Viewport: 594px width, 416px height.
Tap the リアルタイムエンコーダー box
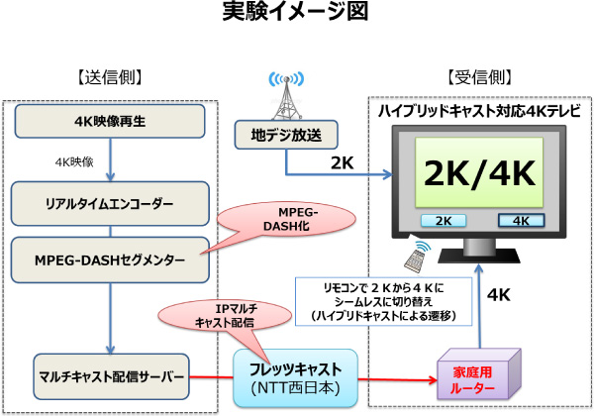click(110, 203)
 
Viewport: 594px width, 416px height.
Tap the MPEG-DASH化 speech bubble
click(288, 217)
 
